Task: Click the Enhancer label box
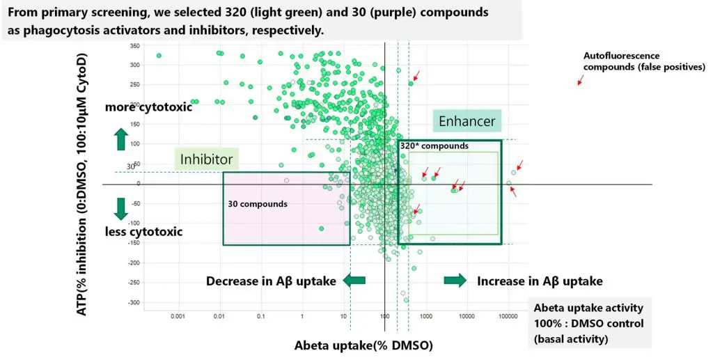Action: [467, 121]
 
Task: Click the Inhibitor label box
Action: [206, 159]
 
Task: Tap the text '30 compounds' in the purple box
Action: [258, 204]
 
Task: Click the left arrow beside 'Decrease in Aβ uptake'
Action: [354, 280]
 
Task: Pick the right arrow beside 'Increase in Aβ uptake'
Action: [455, 280]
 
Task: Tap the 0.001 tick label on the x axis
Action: [179, 316]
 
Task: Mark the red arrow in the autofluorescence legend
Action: [579, 81]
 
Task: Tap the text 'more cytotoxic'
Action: [148, 107]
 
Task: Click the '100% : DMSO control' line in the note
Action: [588, 324]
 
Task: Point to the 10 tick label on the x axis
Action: [344, 316]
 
